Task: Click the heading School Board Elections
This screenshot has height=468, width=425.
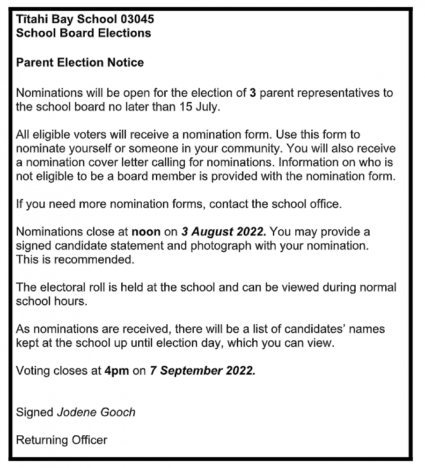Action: (83, 33)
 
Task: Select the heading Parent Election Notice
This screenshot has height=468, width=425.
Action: (80, 62)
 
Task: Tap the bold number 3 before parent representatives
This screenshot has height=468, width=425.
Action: (253, 93)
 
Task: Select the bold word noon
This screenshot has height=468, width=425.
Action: (146, 232)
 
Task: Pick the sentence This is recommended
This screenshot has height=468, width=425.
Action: (75, 260)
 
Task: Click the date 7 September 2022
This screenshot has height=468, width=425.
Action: (203, 371)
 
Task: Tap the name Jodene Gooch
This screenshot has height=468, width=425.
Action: (96, 412)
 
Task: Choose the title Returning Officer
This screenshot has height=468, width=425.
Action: (61, 440)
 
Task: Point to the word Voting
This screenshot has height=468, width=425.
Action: (33, 371)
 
